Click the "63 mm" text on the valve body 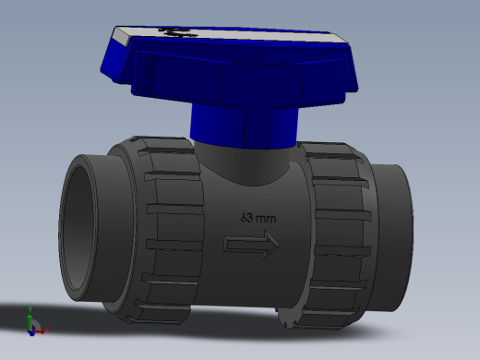[258, 218]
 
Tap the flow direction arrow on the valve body [251, 246]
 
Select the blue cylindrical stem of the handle [244, 126]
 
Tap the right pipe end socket [391, 237]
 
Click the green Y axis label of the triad [30, 309]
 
